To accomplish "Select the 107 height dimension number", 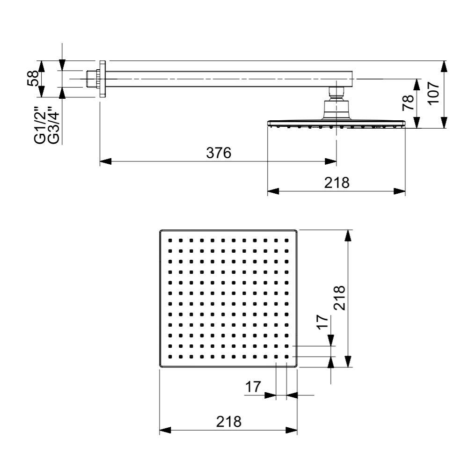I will [433, 93].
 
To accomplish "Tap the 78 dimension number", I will [409, 102].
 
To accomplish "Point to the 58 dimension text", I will [33, 78].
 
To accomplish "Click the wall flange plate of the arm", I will [102, 78].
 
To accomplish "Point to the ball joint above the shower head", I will [336, 92].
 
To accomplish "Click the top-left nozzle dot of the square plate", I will [170, 240].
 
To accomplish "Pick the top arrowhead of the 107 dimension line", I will [444, 66].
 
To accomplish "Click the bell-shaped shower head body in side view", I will [336, 111].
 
